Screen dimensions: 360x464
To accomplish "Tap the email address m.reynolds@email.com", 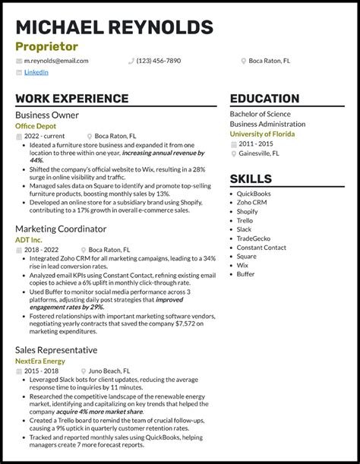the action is pos(55,61).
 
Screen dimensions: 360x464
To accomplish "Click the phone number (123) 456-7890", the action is pos(158,61).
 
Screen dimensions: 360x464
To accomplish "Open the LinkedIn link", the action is pos(36,73).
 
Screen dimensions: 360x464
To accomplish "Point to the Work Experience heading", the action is pos(71,99).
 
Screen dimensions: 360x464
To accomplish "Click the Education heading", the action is pos(264,99).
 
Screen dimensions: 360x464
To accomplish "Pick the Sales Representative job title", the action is pos(55,350).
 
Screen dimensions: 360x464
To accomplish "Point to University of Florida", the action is pos(263,134).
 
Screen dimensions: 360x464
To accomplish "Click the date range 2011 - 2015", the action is pos(256,144).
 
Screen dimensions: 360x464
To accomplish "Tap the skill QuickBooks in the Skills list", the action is pos(254,194).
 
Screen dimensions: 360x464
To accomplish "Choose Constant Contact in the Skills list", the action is pos(261,248).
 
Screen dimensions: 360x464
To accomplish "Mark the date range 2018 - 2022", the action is pos(42,249).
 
